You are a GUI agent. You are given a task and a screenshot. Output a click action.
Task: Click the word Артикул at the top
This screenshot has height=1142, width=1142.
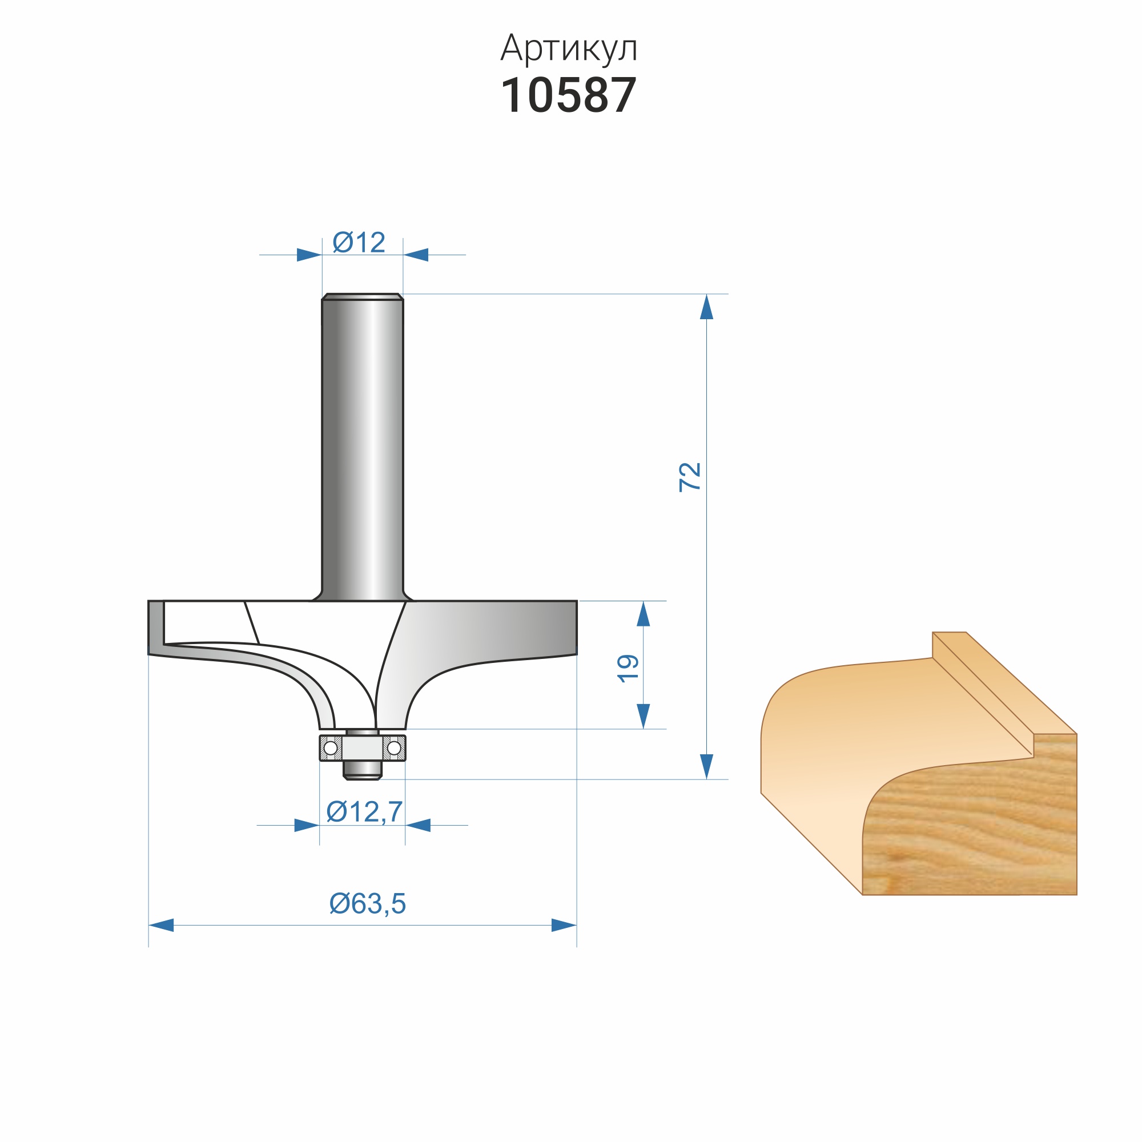coord(569,48)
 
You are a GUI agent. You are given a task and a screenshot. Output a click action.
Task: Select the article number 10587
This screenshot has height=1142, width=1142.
coord(569,95)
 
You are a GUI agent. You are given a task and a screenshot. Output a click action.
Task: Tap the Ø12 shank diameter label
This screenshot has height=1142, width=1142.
coord(359,242)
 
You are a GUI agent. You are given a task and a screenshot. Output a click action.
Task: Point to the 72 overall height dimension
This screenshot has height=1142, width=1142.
coord(689,476)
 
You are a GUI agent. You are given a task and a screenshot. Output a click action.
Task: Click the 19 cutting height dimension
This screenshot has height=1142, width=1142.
coord(628,669)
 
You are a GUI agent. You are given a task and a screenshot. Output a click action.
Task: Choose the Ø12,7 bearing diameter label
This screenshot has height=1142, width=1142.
coord(365,811)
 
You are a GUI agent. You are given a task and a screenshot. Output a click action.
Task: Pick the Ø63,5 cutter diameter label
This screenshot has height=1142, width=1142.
coord(368,903)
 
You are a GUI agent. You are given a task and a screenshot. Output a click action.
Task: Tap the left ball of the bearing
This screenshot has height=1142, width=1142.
coord(331,749)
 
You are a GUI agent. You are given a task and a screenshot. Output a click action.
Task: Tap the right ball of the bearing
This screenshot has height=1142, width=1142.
coord(393,749)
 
